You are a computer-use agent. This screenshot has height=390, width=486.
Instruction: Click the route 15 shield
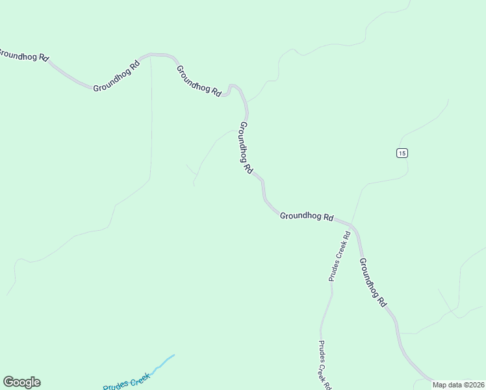(x=402, y=153)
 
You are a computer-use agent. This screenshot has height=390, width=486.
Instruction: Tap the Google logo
(x=21, y=382)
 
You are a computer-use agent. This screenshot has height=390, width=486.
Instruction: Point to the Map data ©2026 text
(x=458, y=385)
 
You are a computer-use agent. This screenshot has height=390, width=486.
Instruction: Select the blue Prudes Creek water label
(x=127, y=382)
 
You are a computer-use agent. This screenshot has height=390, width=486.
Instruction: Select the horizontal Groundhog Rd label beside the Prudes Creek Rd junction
(x=307, y=216)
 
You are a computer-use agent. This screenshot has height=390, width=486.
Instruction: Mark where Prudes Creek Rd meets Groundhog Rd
(x=350, y=225)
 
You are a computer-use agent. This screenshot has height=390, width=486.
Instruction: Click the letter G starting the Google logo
(x=8, y=382)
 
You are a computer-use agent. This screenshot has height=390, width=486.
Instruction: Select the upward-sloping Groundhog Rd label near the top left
(x=116, y=77)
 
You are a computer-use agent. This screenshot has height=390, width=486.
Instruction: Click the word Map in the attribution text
(x=441, y=385)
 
